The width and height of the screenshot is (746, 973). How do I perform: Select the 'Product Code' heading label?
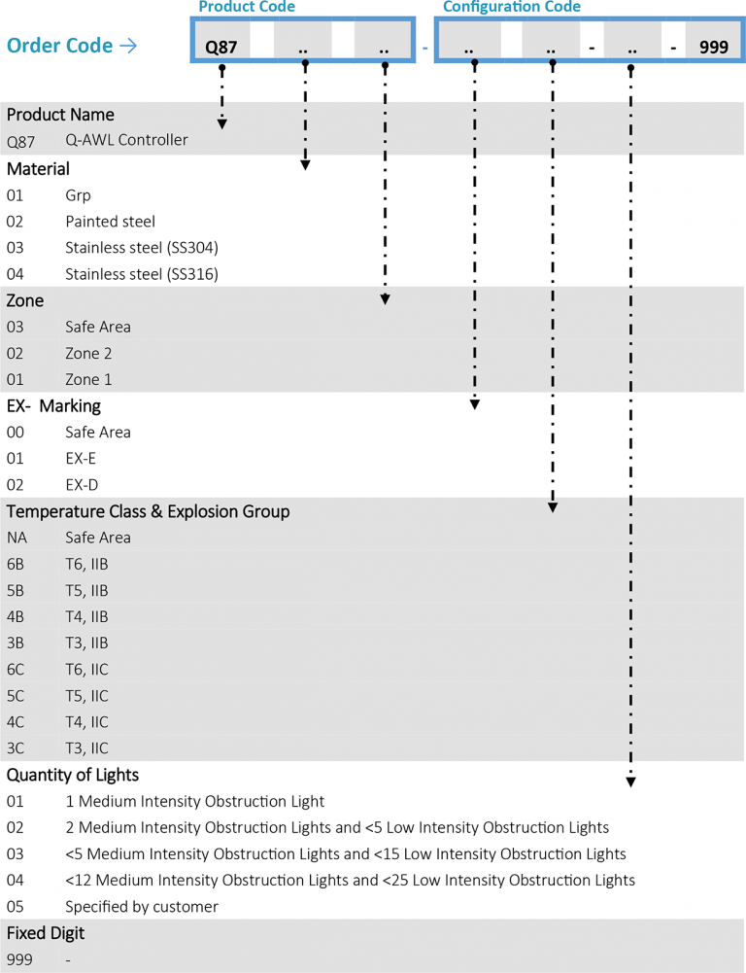pyautogui.click(x=246, y=7)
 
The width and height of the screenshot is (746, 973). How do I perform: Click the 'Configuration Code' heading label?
pyautogui.click(x=512, y=7)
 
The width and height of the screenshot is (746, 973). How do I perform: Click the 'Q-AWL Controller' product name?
pyautogui.click(x=126, y=140)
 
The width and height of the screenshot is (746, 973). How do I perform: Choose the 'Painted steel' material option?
pyautogui.click(x=110, y=222)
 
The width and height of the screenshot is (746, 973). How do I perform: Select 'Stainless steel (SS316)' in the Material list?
pyautogui.click(x=142, y=274)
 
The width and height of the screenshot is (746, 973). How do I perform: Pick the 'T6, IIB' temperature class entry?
pyautogui.click(x=86, y=564)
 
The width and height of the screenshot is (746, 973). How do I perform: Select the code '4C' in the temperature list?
pyautogui.click(x=17, y=722)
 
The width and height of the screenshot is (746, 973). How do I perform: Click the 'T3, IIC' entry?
pyautogui.click(x=86, y=748)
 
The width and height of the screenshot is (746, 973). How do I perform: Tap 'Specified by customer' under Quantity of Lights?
pyautogui.click(x=142, y=906)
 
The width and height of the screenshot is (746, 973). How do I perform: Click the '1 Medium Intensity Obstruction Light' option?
pyautogui.click(x=194, y=802)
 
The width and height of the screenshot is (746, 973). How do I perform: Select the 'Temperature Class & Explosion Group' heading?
pyautogui.click(x=148, y=511)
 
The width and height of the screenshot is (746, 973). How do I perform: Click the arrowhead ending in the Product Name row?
pyautogui.click(x=222, y=123)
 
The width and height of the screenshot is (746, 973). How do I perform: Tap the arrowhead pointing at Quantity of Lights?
pyautogui.click(x=631, y=781)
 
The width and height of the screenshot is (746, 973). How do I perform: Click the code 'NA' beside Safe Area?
pyautogui.click(x=17, y=538)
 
